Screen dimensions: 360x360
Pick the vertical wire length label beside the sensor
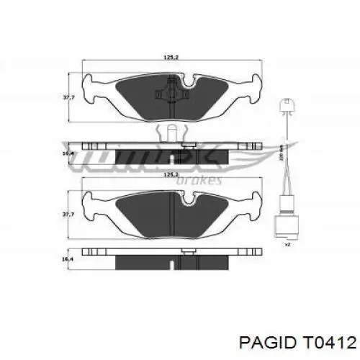(279, 153)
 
